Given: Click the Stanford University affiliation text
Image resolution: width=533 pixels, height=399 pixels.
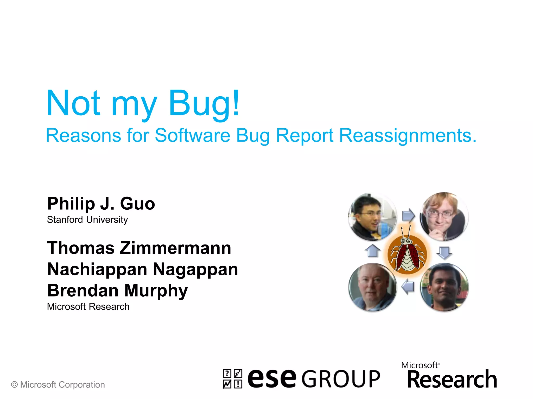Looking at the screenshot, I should tap(87, 220).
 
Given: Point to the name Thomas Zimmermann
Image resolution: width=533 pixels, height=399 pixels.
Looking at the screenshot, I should tap(139, 248).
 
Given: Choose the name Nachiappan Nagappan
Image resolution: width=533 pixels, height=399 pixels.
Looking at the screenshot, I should tap(143, 269).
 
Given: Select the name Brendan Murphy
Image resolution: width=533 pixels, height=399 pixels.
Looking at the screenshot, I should tap(117, 290).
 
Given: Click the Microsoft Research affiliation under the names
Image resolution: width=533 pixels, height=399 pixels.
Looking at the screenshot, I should tap(88, 307).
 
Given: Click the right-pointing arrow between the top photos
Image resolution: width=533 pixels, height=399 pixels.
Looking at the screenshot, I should tap(408, 215).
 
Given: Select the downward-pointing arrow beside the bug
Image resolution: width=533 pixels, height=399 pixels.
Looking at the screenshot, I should tap(444, 252).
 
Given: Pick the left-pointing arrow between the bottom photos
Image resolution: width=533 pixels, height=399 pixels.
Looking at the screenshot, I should tap(408, 287).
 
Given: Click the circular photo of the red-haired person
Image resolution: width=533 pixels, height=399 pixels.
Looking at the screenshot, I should tap(444, 216).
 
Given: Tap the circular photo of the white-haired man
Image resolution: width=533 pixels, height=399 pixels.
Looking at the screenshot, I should tap(372, 287).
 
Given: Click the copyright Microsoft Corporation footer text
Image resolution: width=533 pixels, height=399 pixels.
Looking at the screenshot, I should tap(58, 385).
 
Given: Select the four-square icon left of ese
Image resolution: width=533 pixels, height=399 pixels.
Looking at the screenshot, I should tap(232, 379).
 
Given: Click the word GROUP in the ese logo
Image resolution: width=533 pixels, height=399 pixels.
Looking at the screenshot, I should tap(341, 379).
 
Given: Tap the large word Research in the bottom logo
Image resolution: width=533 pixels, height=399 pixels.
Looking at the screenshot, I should tap(452, 380).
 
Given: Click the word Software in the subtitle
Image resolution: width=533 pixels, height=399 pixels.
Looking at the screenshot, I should tap(192, 136).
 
